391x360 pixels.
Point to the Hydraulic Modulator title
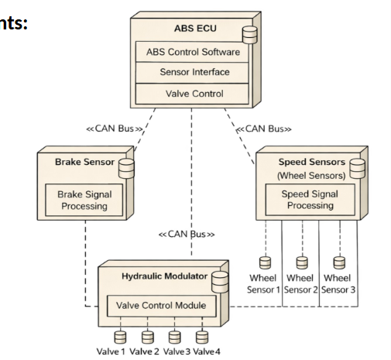[x=158, y=276]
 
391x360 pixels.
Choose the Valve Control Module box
[x=161, y=305]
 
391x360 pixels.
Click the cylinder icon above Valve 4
[x=202, y=337]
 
